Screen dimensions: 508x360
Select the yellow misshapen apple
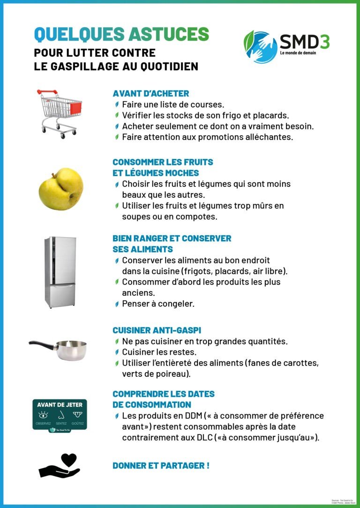[60, 189]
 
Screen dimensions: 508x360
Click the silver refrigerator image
[60, 272]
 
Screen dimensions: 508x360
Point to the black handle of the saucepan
[42, 344]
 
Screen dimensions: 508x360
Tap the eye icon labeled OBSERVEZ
[43, 415]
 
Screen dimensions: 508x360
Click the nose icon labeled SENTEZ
[60, 415]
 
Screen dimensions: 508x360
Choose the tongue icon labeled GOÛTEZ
[77, 415]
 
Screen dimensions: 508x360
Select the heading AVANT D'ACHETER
[151, 93]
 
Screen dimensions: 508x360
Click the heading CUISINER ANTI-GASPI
[157, 330]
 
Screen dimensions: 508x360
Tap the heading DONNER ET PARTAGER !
[161, 465]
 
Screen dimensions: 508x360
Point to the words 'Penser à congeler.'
[158, 304]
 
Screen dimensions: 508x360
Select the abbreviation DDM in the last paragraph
[193, 416]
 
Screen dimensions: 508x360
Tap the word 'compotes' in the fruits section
[196, 217]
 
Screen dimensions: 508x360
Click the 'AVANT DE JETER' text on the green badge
[60, 405]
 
